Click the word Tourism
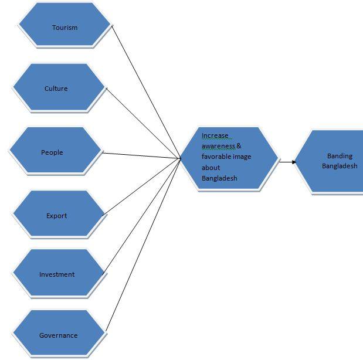point(65,28)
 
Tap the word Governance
point(58,335)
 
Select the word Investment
point(57,274)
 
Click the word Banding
point(340,156)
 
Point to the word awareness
point(218,146)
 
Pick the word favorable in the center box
point(217,157)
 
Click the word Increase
point(215,135)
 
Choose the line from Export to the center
point(141,186)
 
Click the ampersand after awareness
point(239,146)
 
